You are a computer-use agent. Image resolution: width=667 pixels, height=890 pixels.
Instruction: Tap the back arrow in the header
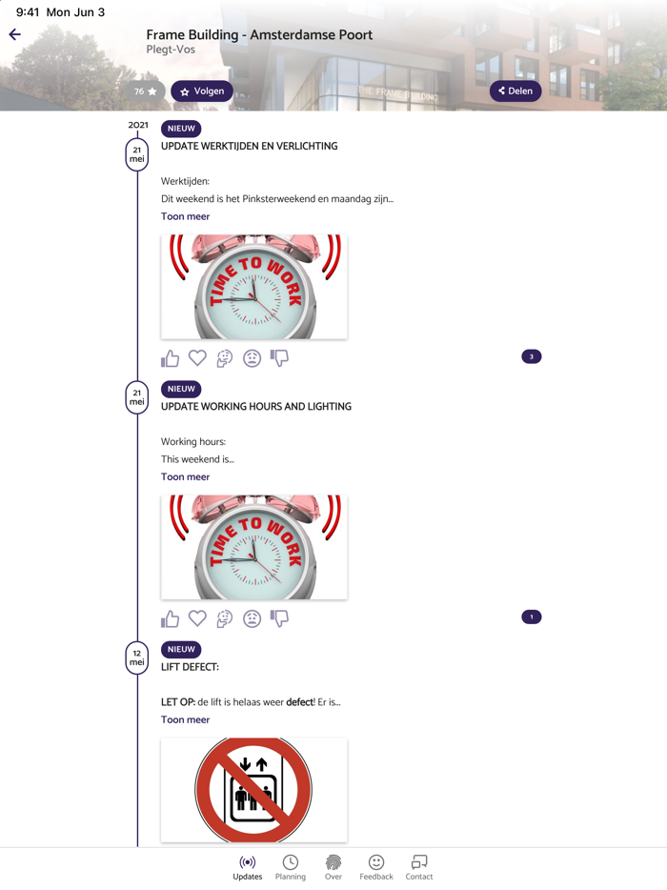pos(14,34)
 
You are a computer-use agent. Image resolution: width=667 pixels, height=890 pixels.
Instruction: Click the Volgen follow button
pos(201,91)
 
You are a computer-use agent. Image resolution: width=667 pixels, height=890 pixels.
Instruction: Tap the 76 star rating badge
pos(146,91)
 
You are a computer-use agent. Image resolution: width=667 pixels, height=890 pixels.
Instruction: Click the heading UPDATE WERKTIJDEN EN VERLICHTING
pos(250,146)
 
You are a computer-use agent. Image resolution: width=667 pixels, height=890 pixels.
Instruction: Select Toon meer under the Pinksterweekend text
pos(185,216)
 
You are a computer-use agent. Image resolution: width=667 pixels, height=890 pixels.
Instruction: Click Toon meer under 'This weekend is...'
pos(185,476)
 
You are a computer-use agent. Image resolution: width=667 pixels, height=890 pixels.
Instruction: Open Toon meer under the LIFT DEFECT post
pos(185,719)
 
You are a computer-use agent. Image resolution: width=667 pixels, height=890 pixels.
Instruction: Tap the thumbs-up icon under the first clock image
pos(170,358)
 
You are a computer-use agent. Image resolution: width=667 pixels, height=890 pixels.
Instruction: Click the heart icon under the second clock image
pos(197,618)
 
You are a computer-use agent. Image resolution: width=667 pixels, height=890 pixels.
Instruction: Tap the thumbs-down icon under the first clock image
pos(279,358)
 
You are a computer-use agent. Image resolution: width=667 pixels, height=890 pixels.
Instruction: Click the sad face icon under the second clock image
pos(253,618)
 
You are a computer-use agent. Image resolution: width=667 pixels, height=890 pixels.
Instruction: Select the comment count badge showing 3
pos(532,356)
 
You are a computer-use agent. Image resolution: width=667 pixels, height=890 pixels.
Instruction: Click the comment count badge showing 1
pos(532,617)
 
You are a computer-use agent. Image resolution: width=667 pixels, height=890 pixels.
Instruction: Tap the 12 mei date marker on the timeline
pos(137,657)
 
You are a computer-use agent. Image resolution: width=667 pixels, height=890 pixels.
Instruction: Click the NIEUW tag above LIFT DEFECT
pos(181,649)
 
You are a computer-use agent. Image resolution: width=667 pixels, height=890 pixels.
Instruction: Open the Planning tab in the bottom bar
pos(290,868)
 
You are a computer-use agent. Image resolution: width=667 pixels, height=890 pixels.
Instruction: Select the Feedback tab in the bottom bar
pos(375,868)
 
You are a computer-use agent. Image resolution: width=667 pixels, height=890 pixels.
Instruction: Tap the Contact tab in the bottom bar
pos(419,868)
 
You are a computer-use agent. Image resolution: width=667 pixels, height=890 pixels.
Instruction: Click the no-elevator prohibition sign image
pos(253,790)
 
